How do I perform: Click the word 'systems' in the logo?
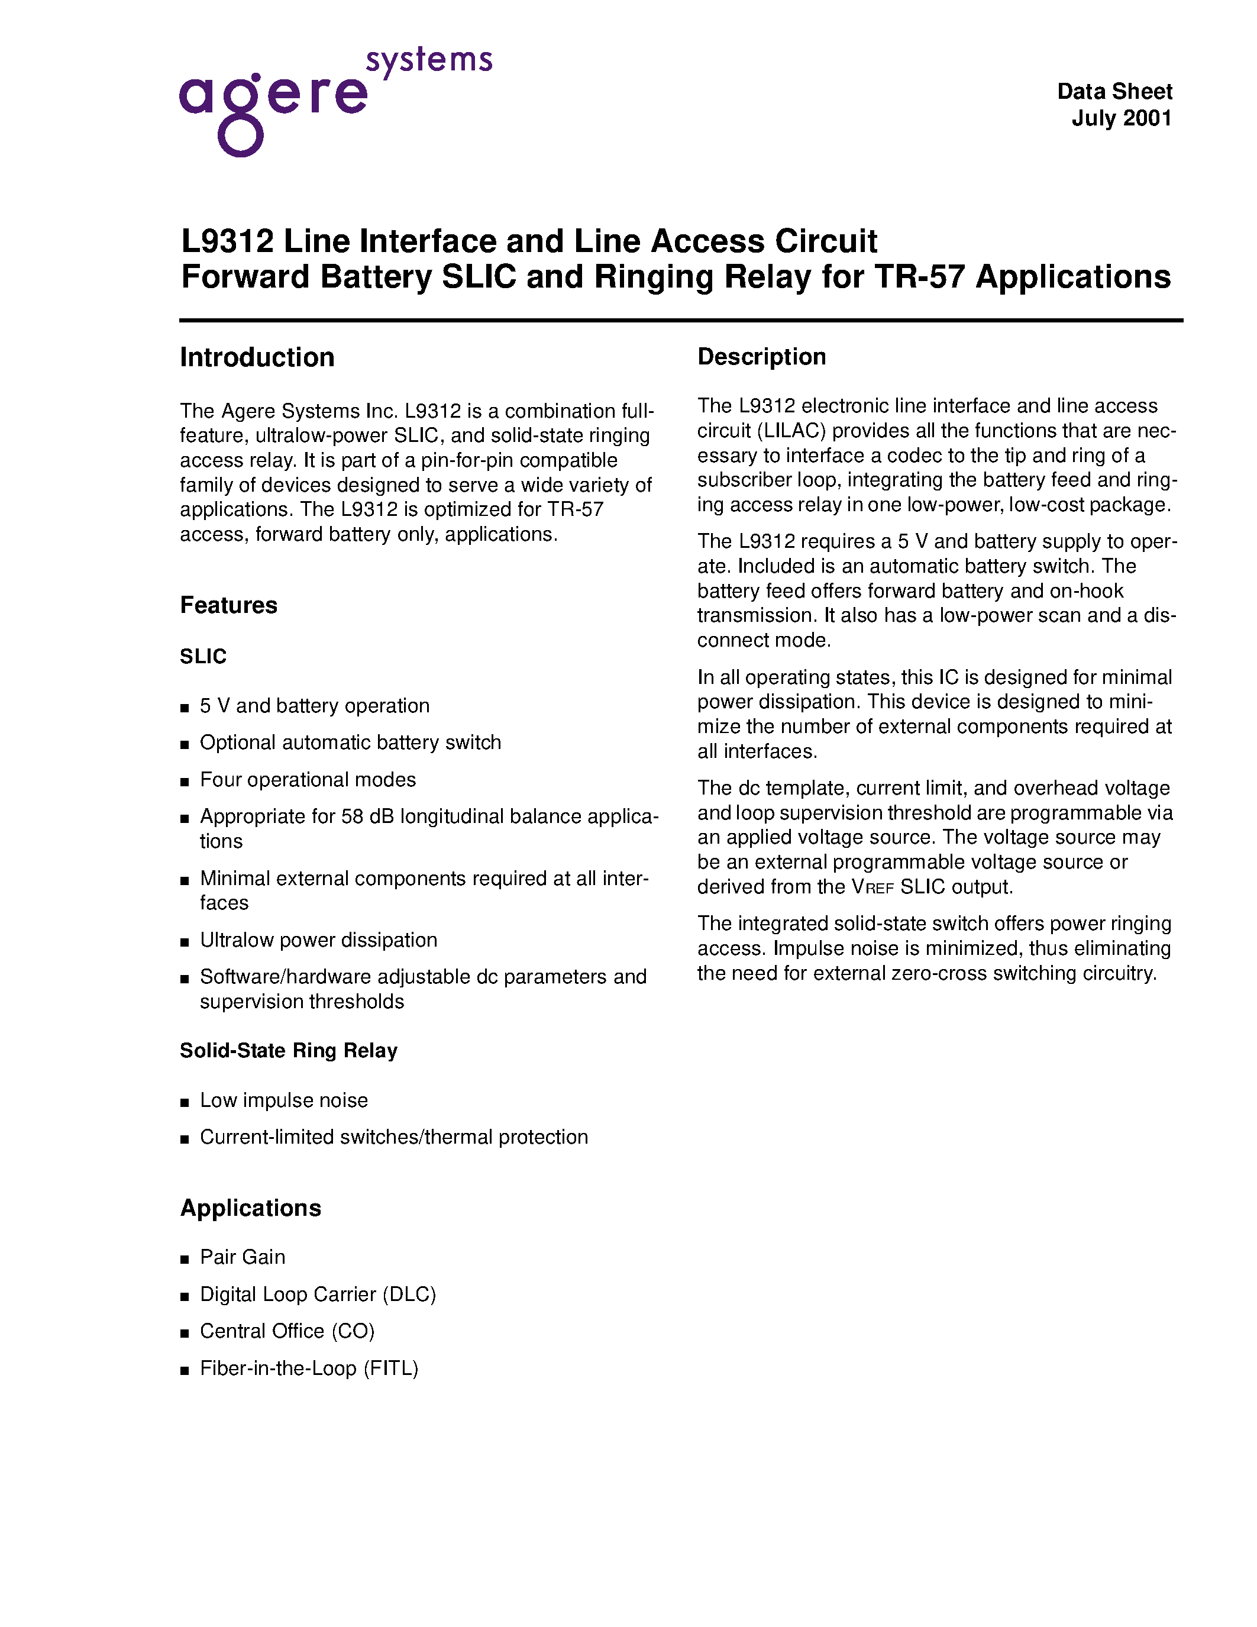click(429, 60)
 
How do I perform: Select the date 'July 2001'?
click(1122, 118)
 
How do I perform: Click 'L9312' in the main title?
click(227, 241)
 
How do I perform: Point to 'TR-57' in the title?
click(920, 277)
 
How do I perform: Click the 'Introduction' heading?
click(257, 357)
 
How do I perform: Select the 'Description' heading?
click(761, 357)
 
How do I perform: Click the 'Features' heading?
click(228, 605)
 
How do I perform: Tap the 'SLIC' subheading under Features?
click(203, 656)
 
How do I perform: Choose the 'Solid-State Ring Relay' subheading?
click(288, 1050)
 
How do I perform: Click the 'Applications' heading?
click(250, 1208)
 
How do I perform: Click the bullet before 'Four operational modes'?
click(185, 782)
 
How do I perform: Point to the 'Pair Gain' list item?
click(242, 1257)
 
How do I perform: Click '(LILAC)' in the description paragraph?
click(791, 431)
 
